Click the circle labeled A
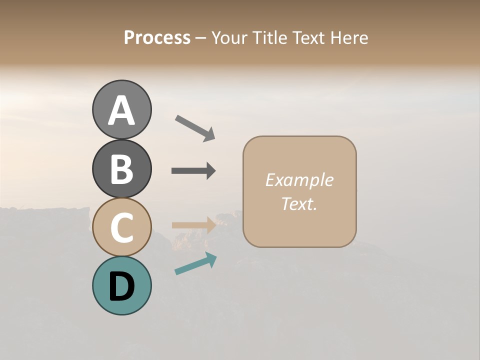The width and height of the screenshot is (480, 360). coord(121,109)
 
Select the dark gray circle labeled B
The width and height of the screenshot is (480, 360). coord(121,168)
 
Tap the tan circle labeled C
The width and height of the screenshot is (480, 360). coord(121,227)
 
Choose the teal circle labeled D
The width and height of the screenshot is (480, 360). coord(121,285)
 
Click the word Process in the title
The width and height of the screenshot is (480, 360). coord(157,38)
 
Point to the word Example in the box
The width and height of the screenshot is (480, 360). coord(299,180)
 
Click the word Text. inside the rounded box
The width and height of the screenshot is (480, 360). coord(299,203)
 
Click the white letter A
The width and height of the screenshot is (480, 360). coord(121,110)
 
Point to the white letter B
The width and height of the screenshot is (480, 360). coord(121,169)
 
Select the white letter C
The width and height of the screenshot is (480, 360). coord(121,228)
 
